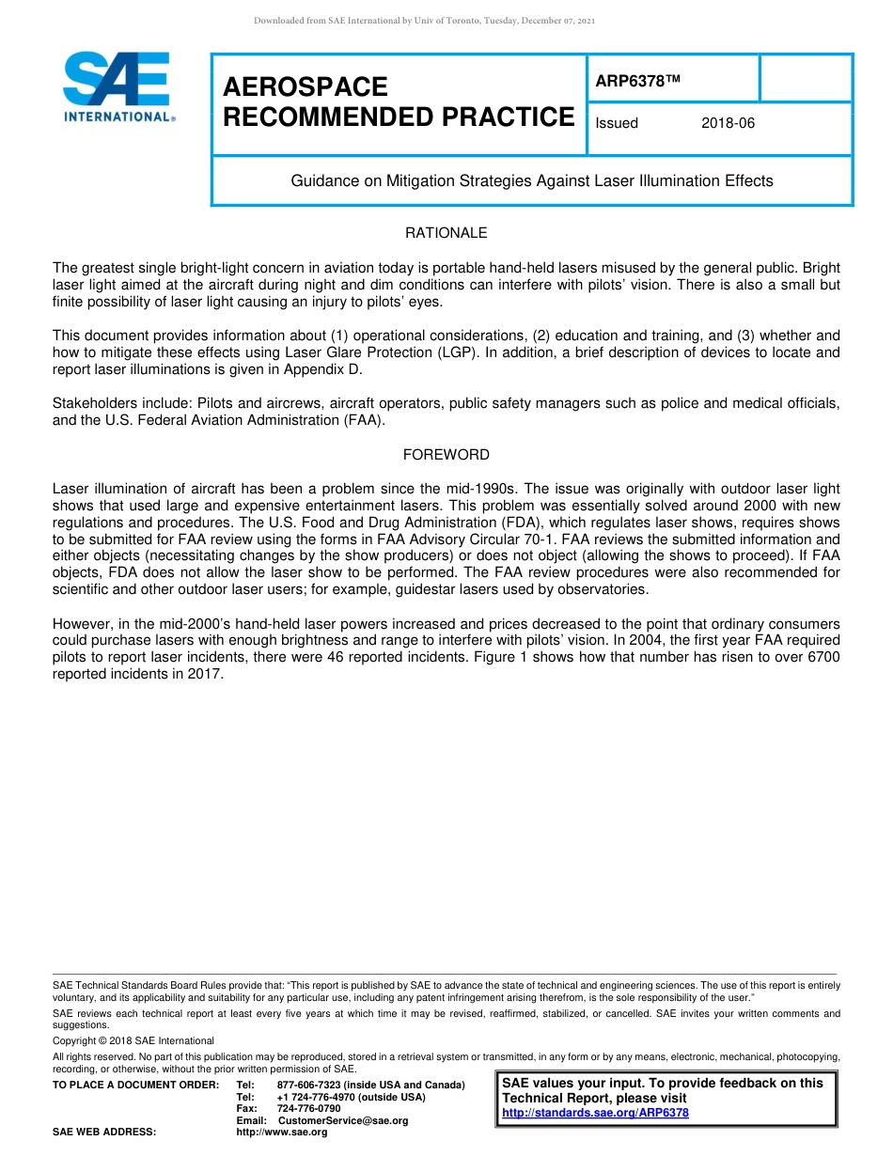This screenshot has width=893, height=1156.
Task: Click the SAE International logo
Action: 117,86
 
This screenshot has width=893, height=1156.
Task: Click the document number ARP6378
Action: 636,81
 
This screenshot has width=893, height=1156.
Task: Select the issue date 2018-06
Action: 728,123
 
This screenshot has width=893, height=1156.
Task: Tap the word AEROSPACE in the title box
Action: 305,87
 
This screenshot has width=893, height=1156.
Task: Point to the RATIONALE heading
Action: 446,233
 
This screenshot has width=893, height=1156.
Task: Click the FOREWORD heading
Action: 446,455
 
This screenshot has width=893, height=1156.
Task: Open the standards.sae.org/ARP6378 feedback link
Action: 595,1113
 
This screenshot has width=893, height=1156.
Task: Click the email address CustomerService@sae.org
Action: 343,1120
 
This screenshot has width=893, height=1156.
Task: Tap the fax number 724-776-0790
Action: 309,1109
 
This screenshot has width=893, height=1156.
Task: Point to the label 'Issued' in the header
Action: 617,123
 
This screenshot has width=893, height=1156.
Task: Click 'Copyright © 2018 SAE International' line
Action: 133,1040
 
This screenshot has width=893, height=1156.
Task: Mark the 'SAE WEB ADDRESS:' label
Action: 104,1133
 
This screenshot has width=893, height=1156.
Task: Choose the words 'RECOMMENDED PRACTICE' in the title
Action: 399,117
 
